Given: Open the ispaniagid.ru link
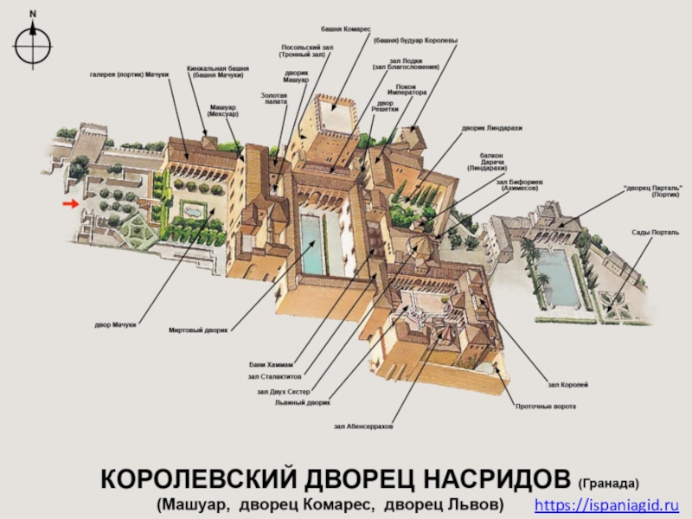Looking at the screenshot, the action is pyautogui.click(x=606, y=503).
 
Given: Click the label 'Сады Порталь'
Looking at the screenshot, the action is pyautogui.click(x=647, y=233).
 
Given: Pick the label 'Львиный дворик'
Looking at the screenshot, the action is pyautogui.click(x=303, y=402).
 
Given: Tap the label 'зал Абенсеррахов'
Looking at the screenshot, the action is pyautogui.click(x=363, y=426).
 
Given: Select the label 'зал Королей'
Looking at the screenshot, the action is pyautogui.click(x=567, y=383).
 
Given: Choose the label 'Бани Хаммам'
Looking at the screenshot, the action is pyautogui.click(x=276, y=364).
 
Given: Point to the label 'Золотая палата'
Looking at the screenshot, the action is pyautogui.click(x=274, y=98).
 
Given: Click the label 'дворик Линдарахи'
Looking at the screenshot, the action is pyautogui.click(x=492, y=128).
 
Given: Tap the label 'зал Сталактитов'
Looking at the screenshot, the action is pyautogui.click(x=276, y=377).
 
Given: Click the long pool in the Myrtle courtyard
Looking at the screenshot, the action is pyautogui.click(x=311, y=245).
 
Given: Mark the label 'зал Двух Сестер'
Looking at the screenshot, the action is pyautogui.click(x=283, y=391).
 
